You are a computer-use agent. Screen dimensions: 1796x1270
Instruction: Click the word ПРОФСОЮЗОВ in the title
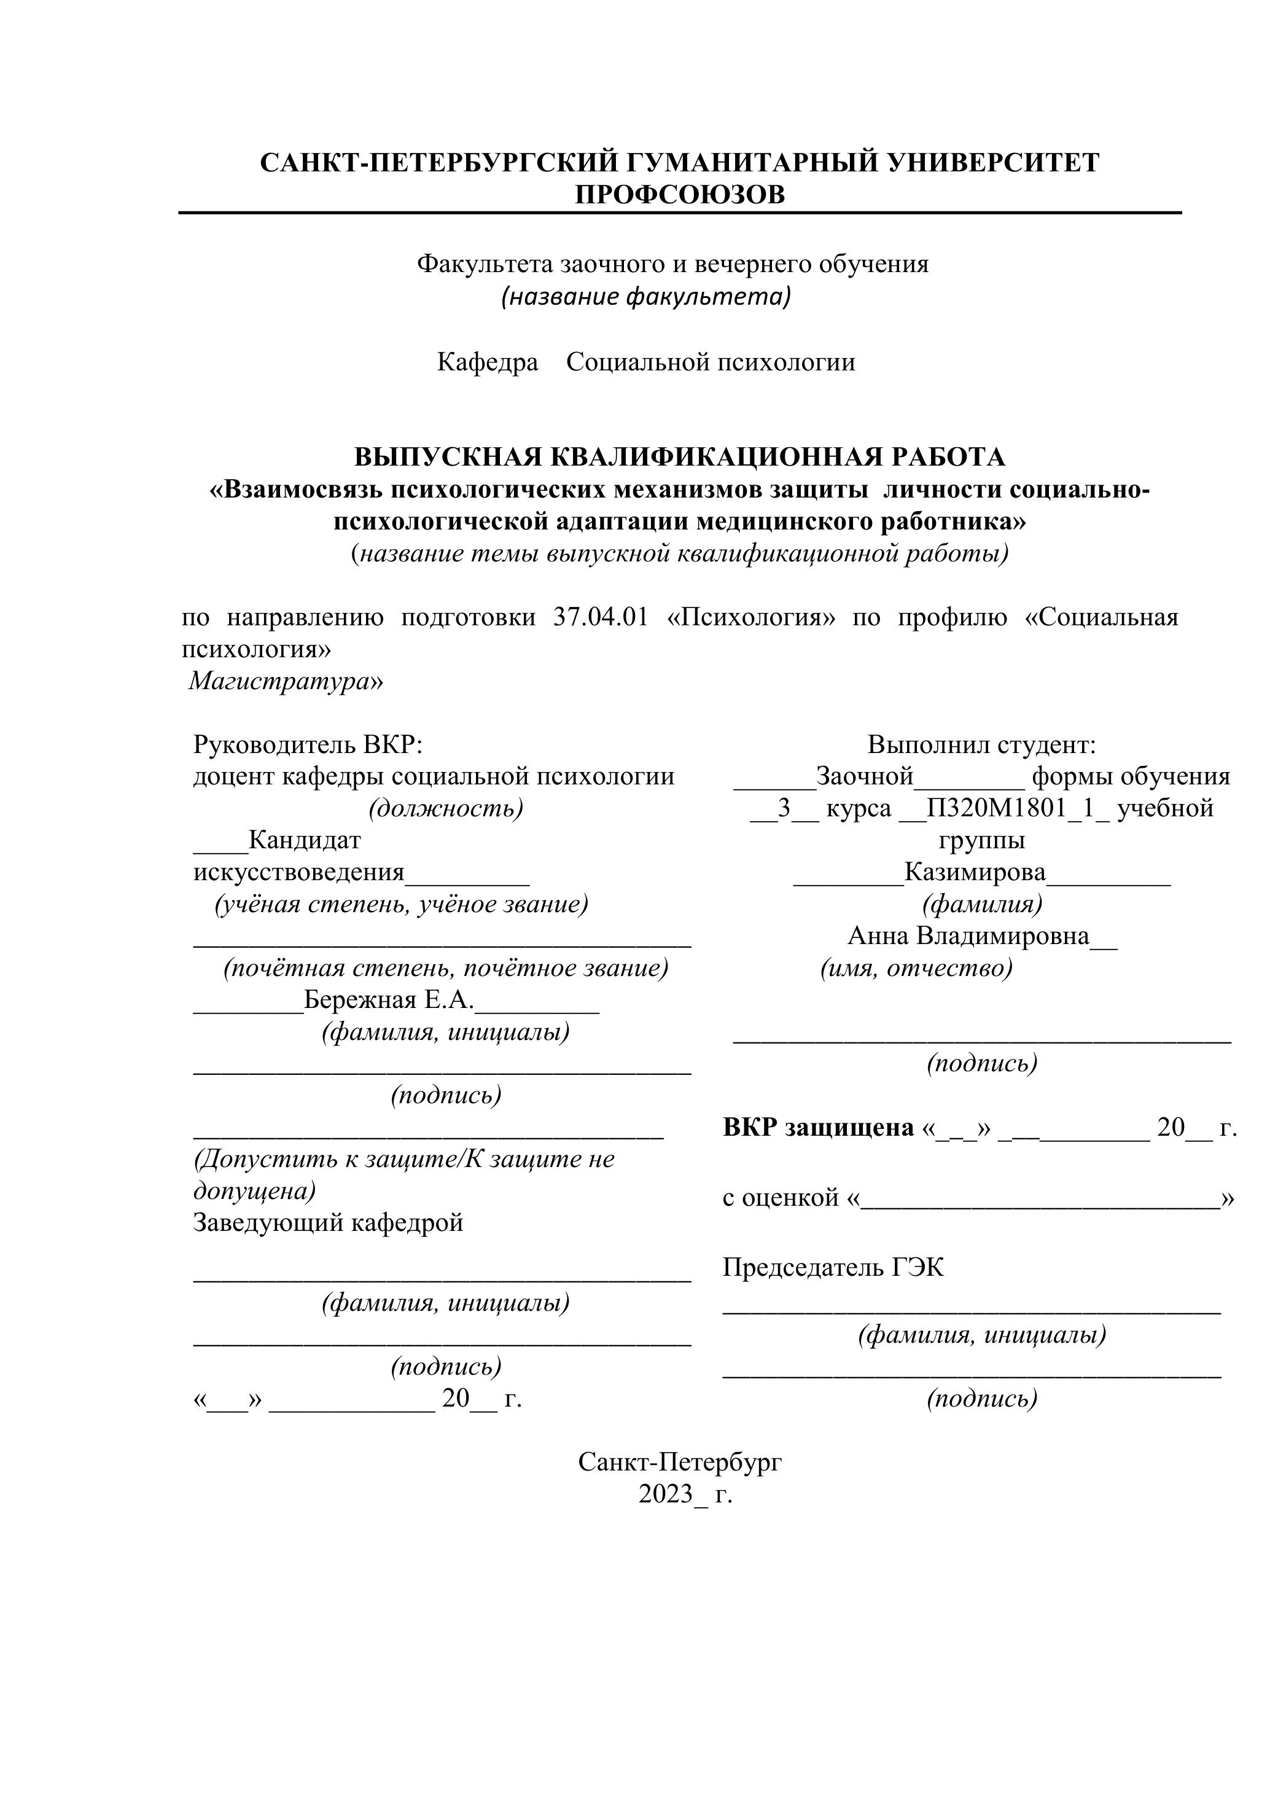[680, 194]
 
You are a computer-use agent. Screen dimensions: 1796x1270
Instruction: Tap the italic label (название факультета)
[646, 297]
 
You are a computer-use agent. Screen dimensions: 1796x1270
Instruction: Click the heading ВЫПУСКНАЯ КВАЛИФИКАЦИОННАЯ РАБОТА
[680, 456]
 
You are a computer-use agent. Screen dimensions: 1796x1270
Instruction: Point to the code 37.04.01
[601, 617]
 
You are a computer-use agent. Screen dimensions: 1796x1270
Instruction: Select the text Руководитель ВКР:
[307, 744]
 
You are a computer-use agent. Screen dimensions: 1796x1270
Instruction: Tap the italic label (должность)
[446, 808]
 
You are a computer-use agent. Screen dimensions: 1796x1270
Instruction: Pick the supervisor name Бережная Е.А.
[389, 1000]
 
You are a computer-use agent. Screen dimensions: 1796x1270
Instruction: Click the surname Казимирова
[975, 872]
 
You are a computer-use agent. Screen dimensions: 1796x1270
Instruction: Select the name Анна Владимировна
[968, 935]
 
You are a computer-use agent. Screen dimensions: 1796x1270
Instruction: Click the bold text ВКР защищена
[818, 1127]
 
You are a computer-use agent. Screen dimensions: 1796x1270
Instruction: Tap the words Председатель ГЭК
[833, 1267]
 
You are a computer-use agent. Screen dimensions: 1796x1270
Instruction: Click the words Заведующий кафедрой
[329, 1222]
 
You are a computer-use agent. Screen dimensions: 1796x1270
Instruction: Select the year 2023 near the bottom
[666, 1493]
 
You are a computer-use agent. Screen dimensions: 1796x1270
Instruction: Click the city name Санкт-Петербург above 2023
[680, 1461]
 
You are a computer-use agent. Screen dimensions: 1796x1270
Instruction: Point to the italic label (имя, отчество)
[916, 969]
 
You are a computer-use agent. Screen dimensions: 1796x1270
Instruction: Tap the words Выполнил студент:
[981, 744]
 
